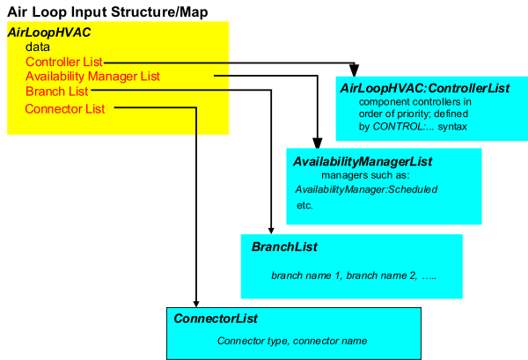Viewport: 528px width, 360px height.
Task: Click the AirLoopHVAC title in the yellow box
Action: click(x=49, y=33)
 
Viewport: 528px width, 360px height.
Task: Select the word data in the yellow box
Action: click(x=38, y=47)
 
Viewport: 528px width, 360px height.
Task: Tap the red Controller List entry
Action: click(x=64, y=62)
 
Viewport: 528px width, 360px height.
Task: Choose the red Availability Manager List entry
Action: click(x=92, y=77)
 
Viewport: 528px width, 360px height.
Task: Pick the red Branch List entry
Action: click(x=56, y=92)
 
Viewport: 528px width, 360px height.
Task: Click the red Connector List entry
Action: click(x=65, y=109)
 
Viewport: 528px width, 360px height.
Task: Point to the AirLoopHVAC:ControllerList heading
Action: click(x=424, y=89)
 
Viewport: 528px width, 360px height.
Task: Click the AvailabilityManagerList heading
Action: click(x=363, y=162)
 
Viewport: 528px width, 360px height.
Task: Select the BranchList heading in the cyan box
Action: click(x=284, y=247)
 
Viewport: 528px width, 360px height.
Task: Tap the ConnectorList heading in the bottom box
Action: click(x=216, y=319)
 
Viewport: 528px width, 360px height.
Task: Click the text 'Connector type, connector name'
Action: click(x=292, y=341)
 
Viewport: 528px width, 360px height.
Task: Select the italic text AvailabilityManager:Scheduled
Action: click(x=366, y=189)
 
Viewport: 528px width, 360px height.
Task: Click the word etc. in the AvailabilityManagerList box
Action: click(x=304, y=205)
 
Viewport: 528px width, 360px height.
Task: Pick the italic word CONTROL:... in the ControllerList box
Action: click(x=398, y=127)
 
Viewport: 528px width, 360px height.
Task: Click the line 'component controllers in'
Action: click(x=415, y=102)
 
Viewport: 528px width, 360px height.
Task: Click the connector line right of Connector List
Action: click(x=155, y=109)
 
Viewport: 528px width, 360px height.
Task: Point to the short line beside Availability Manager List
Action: click(x=222, y=77)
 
